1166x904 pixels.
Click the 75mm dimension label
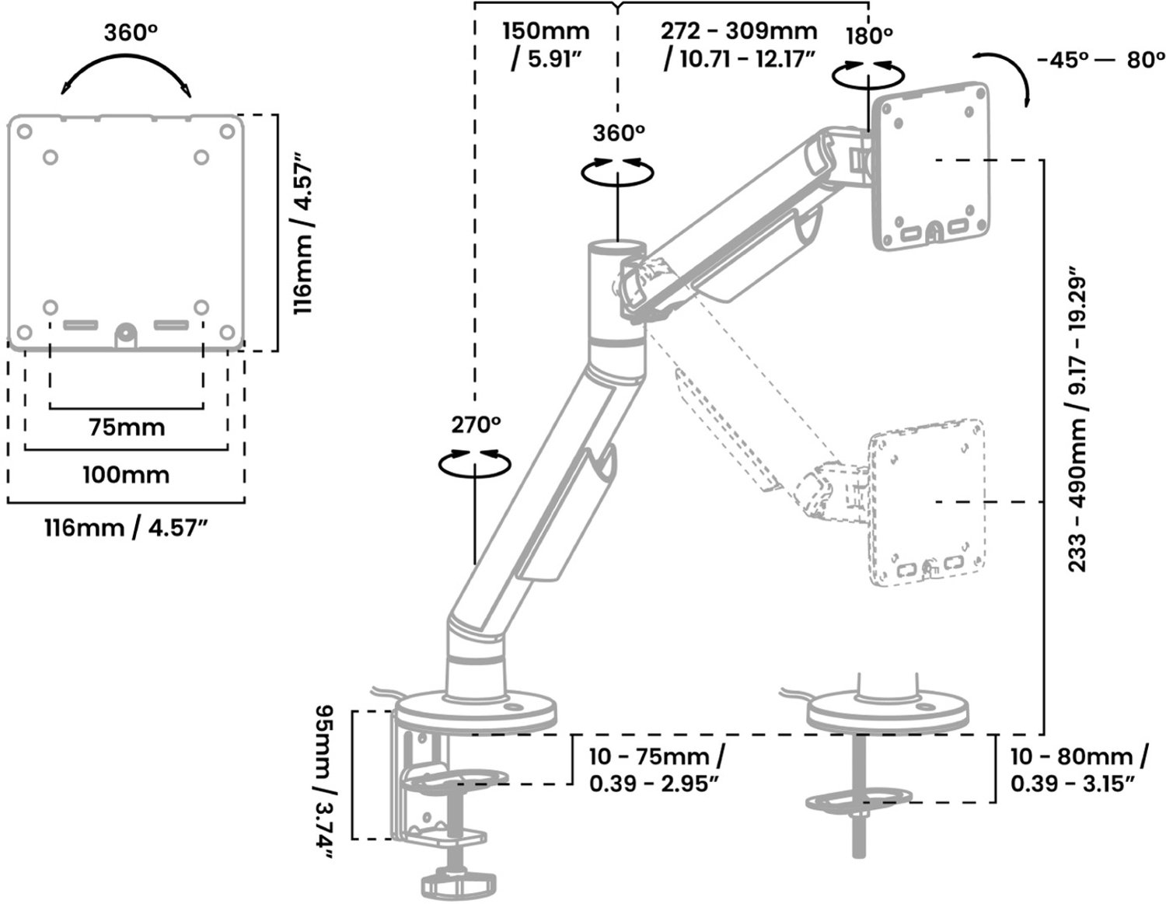click(127, 428)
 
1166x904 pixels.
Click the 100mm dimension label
click(126, 475)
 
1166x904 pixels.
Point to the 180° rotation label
click(869, 36)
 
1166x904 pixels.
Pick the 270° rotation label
click(476, 425)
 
